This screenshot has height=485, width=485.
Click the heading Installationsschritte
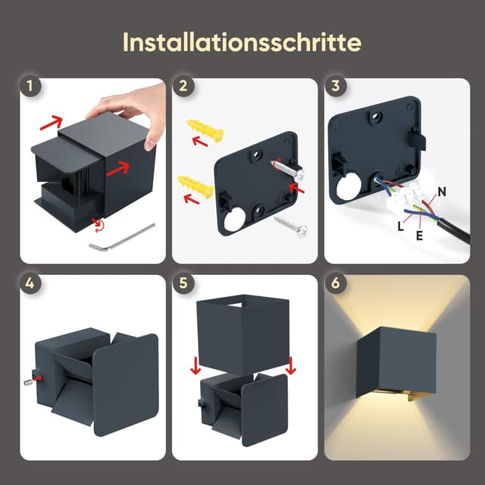pos(242,42)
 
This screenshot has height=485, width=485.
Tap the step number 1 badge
pos(30,86)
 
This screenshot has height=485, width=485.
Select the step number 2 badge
pos(182,86)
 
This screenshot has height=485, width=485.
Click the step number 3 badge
pos(334,86)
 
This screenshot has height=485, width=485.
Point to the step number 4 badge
pos(30,283)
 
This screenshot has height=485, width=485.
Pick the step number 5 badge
pos(182,283)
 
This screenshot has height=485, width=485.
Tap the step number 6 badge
pos(334,283)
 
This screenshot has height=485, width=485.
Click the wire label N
pos(441,189)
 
